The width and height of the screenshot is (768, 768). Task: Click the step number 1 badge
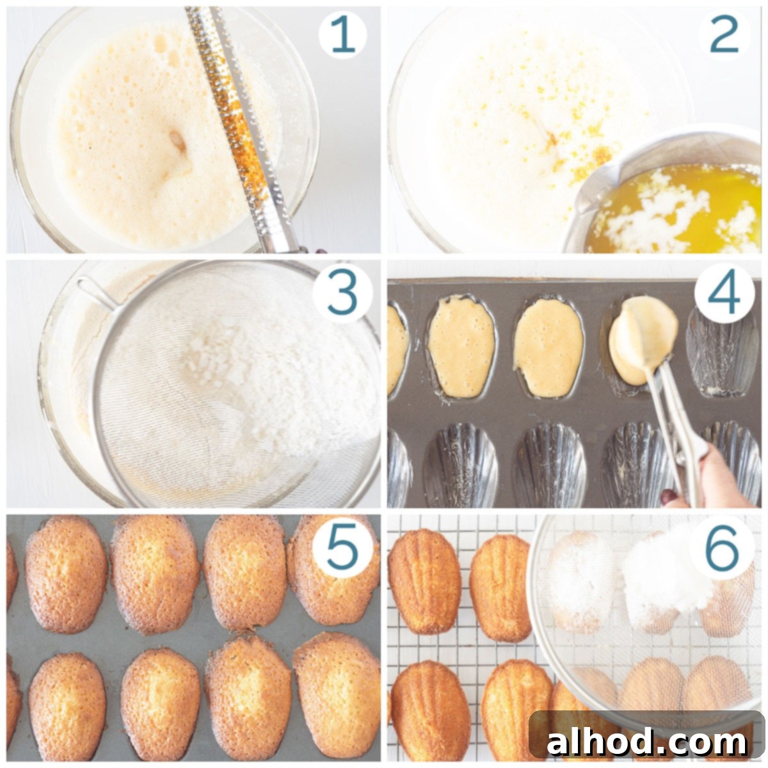click(x=344, y=35)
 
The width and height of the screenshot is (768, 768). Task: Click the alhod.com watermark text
click(x=646, y=742)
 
